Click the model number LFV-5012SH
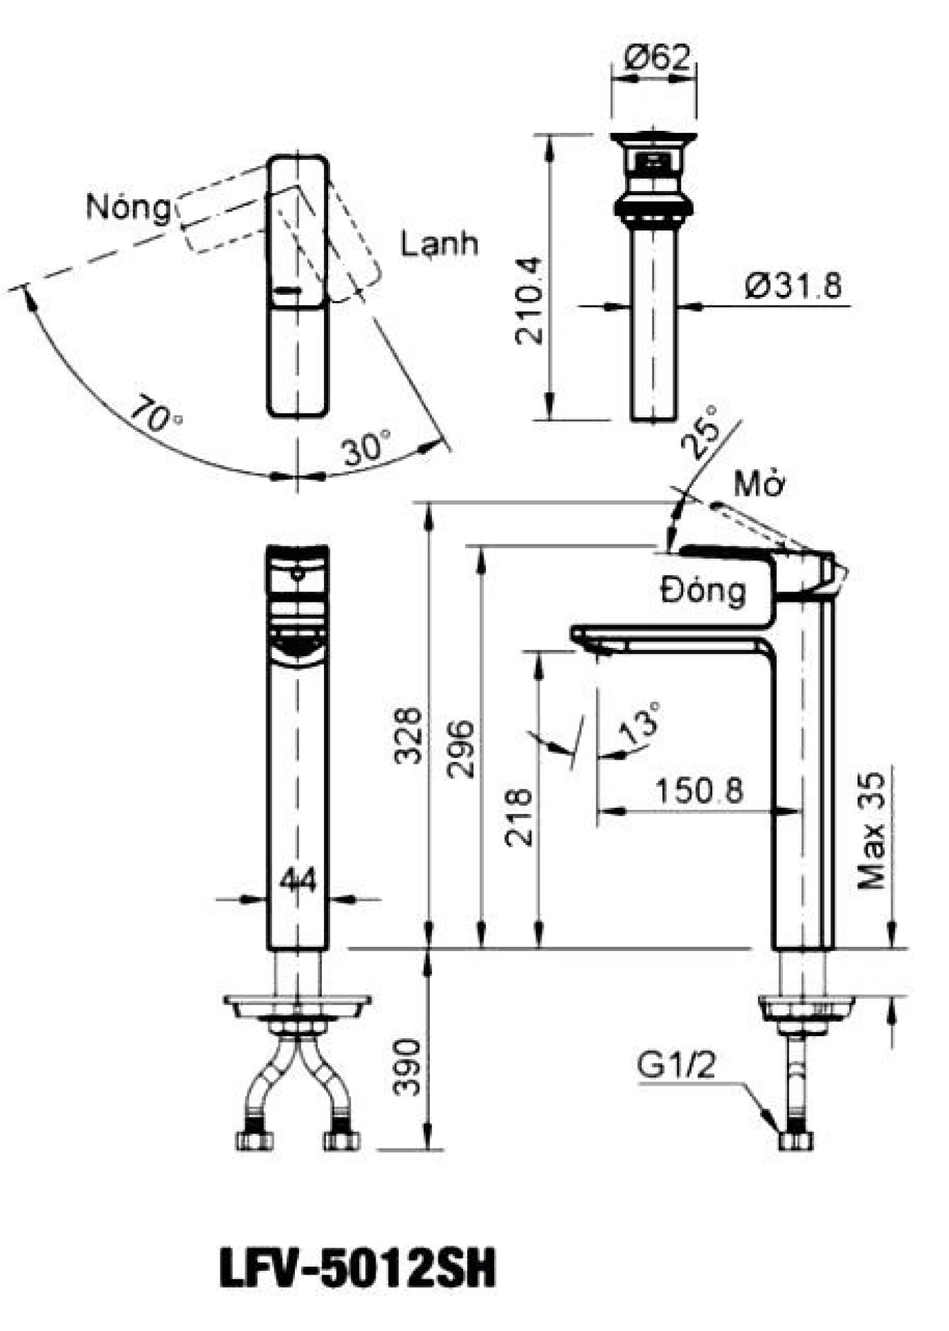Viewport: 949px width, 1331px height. coord(358,1268)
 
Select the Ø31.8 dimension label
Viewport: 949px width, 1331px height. coord(792,286)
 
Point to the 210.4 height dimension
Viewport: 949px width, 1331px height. coord(531,300)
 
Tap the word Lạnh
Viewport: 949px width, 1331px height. coord(439,244)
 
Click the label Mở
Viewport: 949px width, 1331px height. coord(759,485)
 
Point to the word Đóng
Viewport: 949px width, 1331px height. coord(703,591)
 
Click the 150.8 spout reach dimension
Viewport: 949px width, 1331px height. coord(699,790)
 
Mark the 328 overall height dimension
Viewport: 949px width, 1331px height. coord(409,735)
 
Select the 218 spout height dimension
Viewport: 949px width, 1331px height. coord(520,817)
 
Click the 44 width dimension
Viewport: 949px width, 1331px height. coord(298,881)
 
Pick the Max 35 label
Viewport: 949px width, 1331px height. coord(872,831)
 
